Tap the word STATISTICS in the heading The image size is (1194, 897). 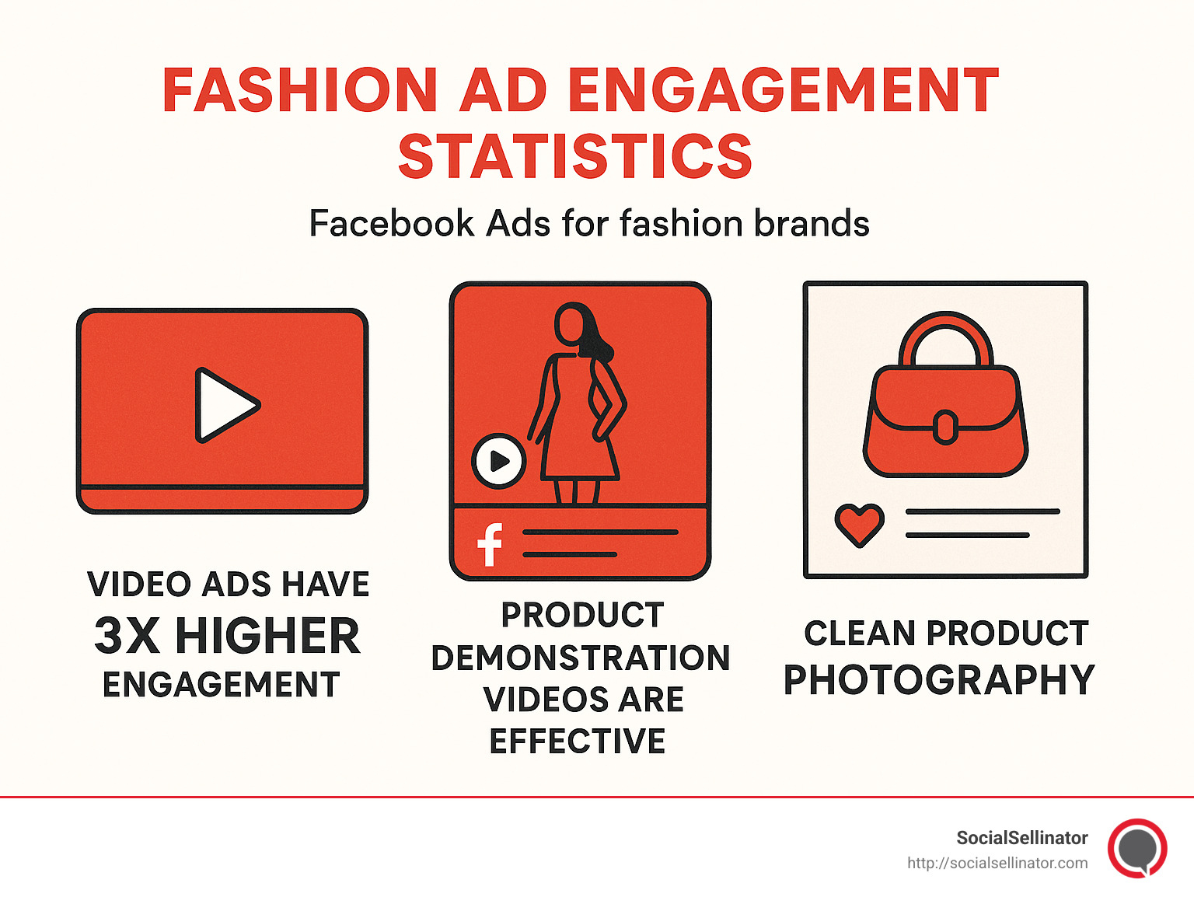point(575,156)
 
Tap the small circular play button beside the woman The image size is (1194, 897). point(499,461)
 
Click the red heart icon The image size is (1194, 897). point(859,524)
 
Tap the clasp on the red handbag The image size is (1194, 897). point(945,427)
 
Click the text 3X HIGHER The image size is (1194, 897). point(227,636)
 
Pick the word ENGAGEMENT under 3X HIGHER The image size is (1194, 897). point(222,685)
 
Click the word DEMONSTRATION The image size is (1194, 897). point(581,658)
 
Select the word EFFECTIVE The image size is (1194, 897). point(578,741)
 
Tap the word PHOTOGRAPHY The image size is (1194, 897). point(939,680)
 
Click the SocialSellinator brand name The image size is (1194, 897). point(1021,838)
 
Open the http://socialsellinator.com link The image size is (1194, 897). point(997,863)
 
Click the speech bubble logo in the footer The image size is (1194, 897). point(1137,848)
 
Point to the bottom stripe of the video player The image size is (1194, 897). point(223,499)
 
